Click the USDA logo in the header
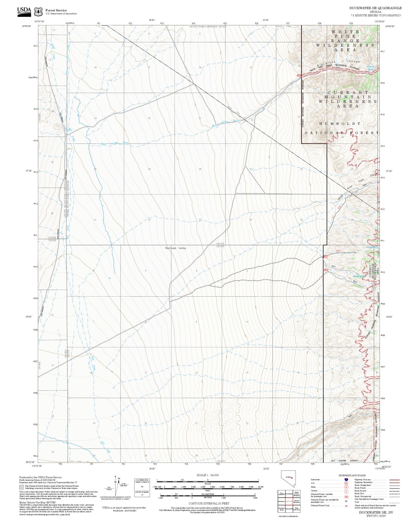point(24,11)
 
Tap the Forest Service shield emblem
point(38,12)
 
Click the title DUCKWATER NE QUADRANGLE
point(375,8)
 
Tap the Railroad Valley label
point(176,248)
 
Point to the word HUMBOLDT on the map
point(340,123)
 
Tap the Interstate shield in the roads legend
point(346,480)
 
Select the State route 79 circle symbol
point(346,487)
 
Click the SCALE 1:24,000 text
point(208,475)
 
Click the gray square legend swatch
point(21,487)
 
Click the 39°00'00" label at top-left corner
point(27,26)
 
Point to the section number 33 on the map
point(200,220)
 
